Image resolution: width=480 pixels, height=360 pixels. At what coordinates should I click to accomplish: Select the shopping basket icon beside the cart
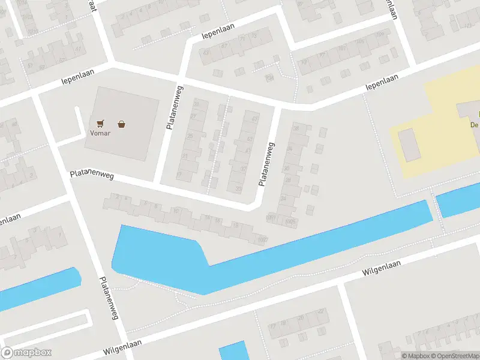click(122, 124)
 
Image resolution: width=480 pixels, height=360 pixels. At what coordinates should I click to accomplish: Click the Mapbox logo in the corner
click(26, 353)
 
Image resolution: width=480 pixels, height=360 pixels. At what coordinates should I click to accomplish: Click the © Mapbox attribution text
click(414, 356)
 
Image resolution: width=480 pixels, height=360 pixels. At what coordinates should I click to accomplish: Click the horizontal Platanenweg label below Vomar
click(92, 174)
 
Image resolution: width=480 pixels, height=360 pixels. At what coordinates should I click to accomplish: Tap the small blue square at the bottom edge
click(234, 352)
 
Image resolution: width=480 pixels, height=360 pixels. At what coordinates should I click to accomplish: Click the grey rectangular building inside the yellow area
click(410, 145)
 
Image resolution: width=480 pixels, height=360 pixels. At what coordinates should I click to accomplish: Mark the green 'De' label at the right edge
click(474, 124)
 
